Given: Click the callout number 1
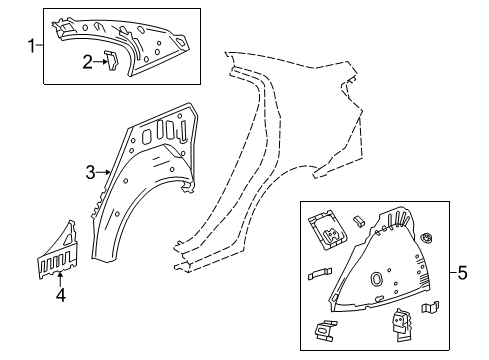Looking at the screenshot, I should click(31, 43).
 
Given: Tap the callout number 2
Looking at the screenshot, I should click(88, 62).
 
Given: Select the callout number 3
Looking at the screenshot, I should click(90, 172).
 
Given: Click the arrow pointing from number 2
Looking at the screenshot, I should click(101, 62).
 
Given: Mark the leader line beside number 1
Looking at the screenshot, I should click(40, 43).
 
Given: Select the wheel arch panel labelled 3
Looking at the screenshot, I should click(140, 190).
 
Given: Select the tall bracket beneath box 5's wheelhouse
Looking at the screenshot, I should click(402, 322).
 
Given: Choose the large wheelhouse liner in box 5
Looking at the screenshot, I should click(385, 270).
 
